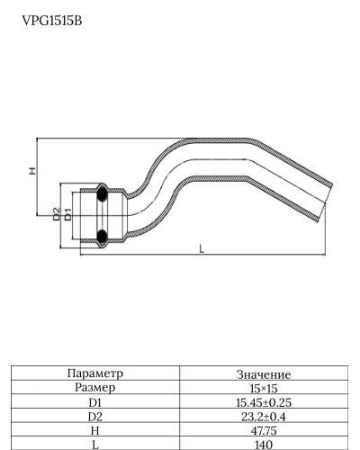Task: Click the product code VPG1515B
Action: [x=51, y=19]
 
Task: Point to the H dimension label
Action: [x=31, y=171]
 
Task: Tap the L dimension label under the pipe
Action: [x=201, y=249]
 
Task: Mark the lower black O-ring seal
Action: [x=102, y=237]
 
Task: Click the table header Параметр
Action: [x=94, y=373]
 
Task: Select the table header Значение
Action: [x=263, y=373]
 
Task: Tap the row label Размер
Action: [x=94, y=387]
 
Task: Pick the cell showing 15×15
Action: [x=263, y=388]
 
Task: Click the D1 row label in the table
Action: [x=94, y=402]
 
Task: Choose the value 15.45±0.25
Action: [x=263, y=402]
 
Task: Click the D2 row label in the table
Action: [x=94, y=417]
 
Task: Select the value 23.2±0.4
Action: [x=263, y=417]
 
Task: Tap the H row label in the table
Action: [x=94, y=431]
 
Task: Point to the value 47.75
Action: [x=263, y=431]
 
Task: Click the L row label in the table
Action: [x=94, y=445]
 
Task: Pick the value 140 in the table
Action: [x=263, y=445]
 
